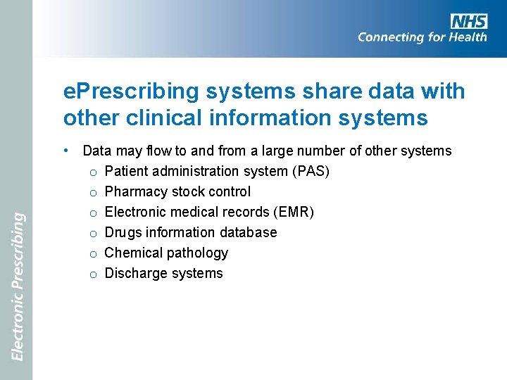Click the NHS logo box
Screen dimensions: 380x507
(x=469, y=21)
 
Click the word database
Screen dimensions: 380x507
(x=247, y=232)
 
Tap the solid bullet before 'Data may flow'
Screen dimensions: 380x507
(x=65, y=151)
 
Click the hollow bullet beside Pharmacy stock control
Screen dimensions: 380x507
(x=93, y=192)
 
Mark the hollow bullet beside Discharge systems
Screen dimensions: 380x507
(x=93, y=274)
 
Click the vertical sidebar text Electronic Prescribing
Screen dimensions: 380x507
(x=18, y=286)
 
